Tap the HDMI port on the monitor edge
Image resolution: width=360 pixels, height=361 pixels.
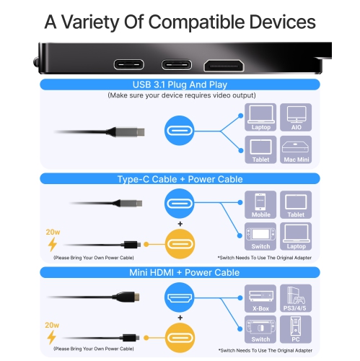[224, 64]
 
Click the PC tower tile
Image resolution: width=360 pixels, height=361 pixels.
[296, 331]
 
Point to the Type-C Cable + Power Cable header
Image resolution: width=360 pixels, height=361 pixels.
[180, 178]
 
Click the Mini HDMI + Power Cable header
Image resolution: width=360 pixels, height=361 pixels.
[180, 272]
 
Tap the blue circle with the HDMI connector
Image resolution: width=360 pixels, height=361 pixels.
[180, 298]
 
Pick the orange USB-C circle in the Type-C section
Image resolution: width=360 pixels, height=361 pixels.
[180, 243]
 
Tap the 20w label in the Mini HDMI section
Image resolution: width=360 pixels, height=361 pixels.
[52, 324]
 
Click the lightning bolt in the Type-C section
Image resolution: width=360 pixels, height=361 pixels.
[52, 245]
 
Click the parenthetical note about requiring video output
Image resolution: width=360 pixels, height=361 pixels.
[180, 95]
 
